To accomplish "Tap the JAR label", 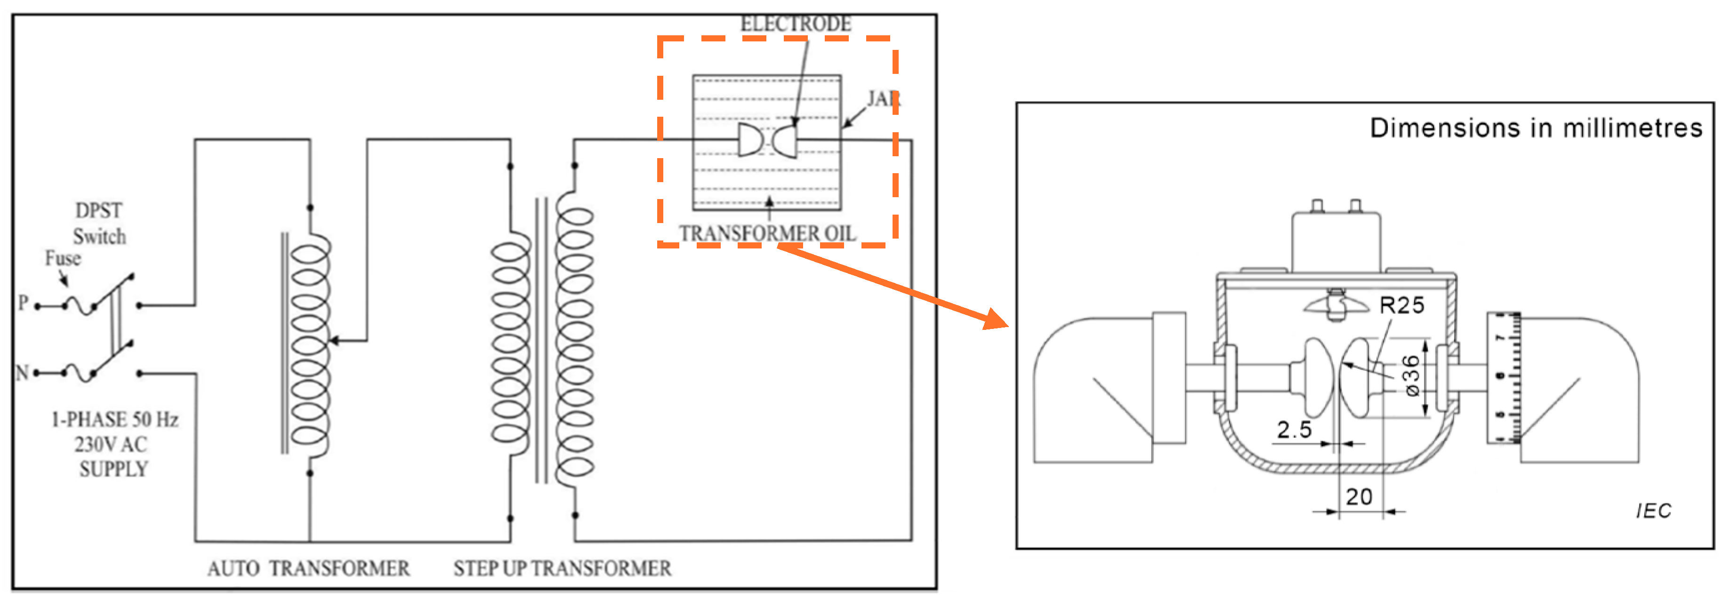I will tap(883, 99).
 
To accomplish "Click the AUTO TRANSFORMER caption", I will tap(308, 568).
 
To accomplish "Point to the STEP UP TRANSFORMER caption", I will tap(562, 568).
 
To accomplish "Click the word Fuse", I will tap(63, 258).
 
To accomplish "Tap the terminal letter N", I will tap(22, 372).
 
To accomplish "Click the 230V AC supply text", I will tap(111, 444).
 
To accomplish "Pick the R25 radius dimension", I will tap(1401, 306).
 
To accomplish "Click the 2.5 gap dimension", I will tap(1294, 430).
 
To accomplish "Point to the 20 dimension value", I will tap(1359, 496).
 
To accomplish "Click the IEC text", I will tap(1653, 512).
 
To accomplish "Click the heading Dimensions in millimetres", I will tap(1535, 128).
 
